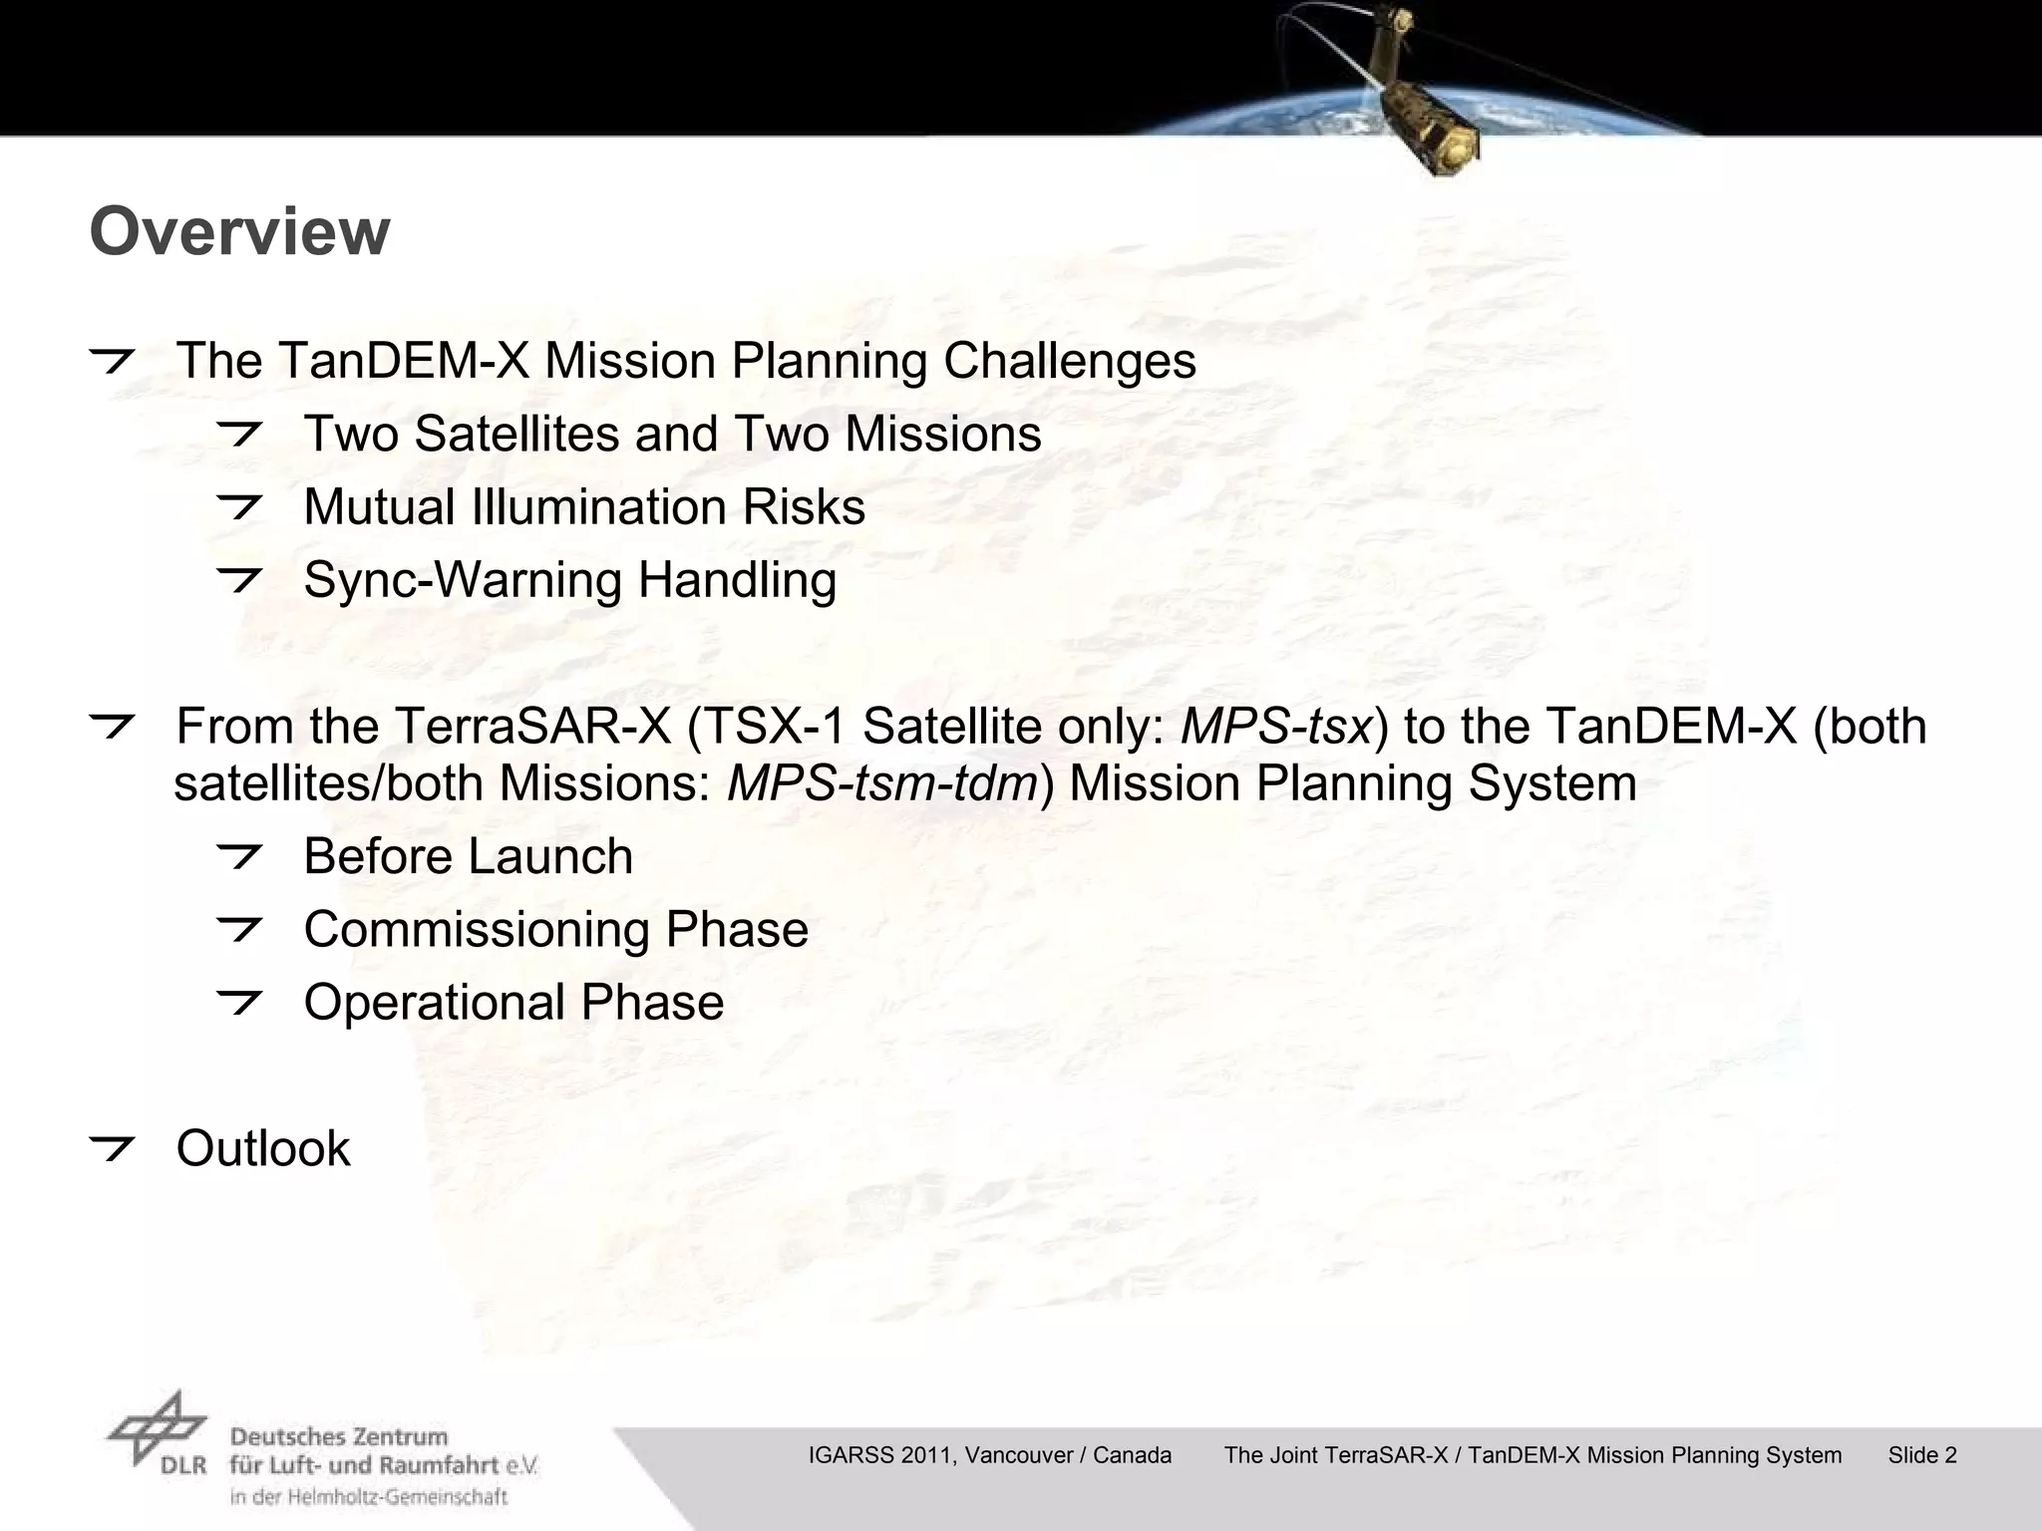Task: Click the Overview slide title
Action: [239, 231]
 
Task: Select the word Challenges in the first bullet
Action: [1070, 361]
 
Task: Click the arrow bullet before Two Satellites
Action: [239, 434]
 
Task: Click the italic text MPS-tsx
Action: [1277, 726]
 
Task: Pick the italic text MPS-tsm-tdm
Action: [883, 783]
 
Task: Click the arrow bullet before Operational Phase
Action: [239, 1002]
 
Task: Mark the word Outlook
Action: [263, 1148]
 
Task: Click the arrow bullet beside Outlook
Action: [112, 1148]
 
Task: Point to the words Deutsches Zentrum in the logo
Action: [339, 1437]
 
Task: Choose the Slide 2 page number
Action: [1922, 1455]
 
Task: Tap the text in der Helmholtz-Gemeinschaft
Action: [368, 1496]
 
